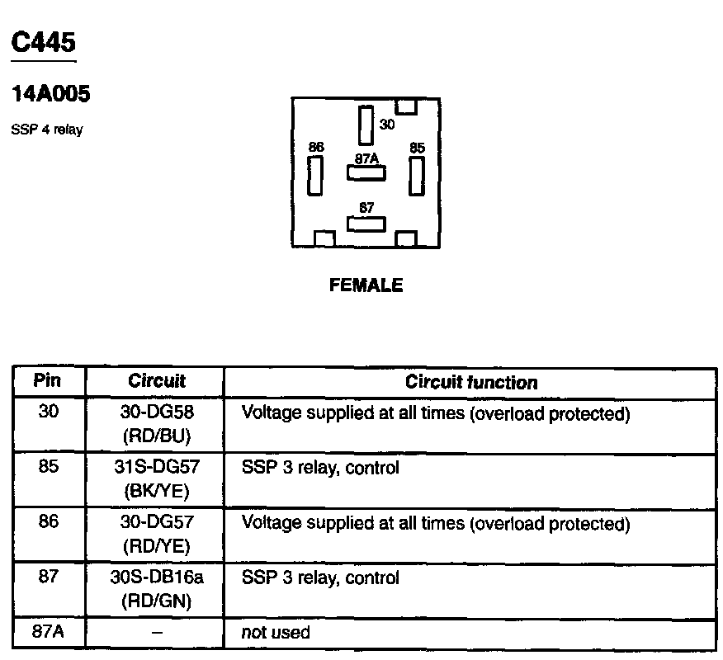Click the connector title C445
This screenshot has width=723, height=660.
pos(44,43)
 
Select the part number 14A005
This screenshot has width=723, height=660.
pos(51,95)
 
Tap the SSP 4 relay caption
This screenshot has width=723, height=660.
pos(47,130)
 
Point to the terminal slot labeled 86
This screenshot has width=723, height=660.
pos(315,175)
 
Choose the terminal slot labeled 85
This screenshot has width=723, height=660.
pos(417,175)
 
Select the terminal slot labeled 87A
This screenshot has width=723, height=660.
pos(365,173)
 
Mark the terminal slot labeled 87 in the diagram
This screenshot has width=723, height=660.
pos(366,224)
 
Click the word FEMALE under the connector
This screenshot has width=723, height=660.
pos(366,285)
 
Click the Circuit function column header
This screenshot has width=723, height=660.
pos(471,382)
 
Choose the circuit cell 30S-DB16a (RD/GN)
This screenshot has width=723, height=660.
pos(156,589)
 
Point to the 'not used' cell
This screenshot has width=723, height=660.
pos(276,633)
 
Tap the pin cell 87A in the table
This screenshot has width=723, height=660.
pos(48,633)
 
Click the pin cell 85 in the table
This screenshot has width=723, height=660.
pos(48,468)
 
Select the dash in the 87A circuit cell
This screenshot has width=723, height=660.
pos(156,633)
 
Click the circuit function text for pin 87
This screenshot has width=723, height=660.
pos(320,578)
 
